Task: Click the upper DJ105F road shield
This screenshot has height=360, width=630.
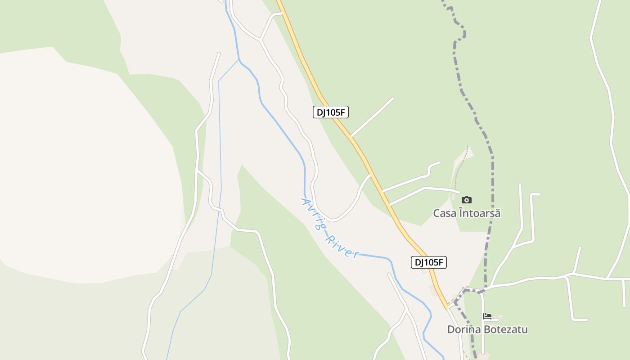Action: point(331,112)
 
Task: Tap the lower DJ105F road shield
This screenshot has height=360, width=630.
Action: point(429,262)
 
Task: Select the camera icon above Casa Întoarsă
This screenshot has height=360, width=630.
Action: point(467,200)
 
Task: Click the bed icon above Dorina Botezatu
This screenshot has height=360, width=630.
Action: point(487,316)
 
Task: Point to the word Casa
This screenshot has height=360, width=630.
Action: point(444,213)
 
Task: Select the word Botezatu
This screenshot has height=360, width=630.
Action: point(507,329)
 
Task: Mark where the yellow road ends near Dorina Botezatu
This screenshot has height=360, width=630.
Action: point(447,308)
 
